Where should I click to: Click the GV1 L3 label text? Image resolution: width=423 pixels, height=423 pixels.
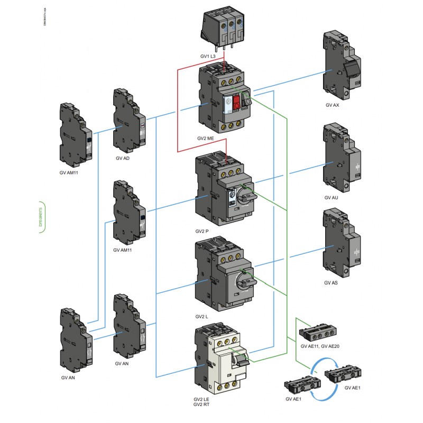tap(208, 56)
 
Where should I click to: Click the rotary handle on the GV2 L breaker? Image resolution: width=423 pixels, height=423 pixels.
tap(244, 279)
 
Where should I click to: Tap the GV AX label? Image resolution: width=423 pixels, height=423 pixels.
tap(332, 105)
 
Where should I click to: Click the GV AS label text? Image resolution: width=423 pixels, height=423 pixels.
tap(331, 283)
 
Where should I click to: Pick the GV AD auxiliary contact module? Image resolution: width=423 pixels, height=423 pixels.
tap(127, 120)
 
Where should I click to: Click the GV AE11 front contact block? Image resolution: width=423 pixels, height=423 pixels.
tap(316, 333)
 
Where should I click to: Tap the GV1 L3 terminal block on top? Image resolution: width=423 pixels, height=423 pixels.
tap(224, 26)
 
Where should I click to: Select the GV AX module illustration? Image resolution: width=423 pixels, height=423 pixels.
tap(340, 65)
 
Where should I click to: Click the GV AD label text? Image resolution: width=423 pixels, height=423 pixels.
tap(122, 158)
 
